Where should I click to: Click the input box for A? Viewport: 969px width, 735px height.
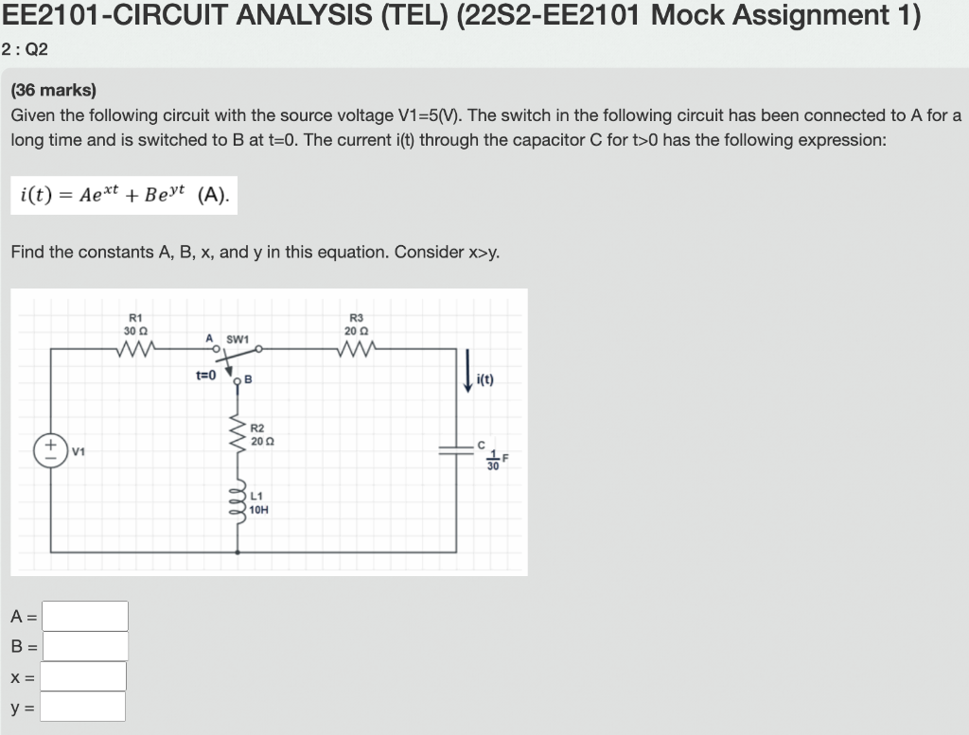(x=85, y=616)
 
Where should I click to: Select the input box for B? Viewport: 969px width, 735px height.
(x=85, y=646)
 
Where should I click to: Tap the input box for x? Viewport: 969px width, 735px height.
(x=83, y=676)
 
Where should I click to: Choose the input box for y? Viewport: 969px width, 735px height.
(x=83, y=707)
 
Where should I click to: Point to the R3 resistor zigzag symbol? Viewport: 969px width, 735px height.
(x=356, y=349)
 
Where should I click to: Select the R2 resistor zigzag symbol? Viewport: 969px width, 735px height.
(x=237, y=434)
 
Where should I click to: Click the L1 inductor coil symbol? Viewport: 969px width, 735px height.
(x=237, y=502)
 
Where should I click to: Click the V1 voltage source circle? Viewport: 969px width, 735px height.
(x=50, y=449)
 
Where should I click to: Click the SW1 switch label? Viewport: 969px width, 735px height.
(x=237, y=338)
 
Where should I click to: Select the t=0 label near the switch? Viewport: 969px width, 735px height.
(x=206, y=375)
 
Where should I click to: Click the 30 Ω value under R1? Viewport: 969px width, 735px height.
(x=133, y=329)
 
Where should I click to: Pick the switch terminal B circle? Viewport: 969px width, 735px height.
(x=237, y=381)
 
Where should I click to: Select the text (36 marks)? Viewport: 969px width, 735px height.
(x=54, y=91)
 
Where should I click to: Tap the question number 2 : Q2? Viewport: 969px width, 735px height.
(x=26, y=50)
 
